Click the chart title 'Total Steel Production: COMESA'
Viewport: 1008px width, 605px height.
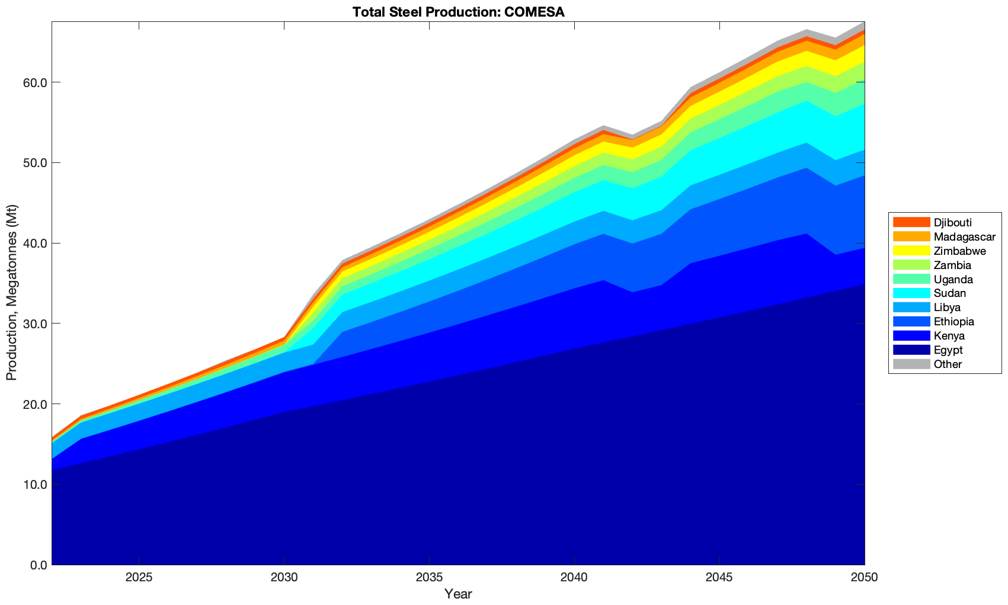click(x=458, y=11)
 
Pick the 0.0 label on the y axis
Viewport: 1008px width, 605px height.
click(x=36, y=565)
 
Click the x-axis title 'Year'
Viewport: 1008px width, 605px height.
click(x=458, y=594)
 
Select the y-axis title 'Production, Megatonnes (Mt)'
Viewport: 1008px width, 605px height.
click(x=11, y=293)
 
